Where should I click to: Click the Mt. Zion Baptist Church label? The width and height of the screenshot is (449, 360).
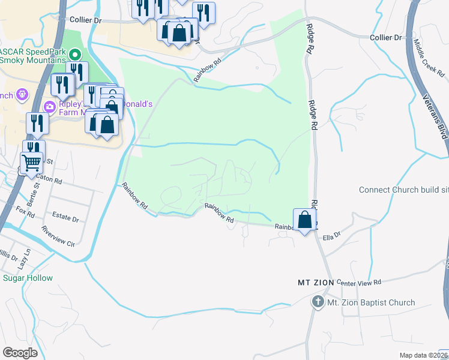tap(370, 302)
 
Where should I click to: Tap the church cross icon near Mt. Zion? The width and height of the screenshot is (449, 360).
tap(318, 302)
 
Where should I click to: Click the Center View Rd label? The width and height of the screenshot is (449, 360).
tap(359, 282)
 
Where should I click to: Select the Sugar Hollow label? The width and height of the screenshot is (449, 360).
tap(28, 278)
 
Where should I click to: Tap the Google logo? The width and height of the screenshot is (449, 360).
tap(20, 353)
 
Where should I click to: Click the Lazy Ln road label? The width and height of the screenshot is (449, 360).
tap(23, 260)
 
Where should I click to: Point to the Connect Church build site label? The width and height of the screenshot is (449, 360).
tap(403, 190)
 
